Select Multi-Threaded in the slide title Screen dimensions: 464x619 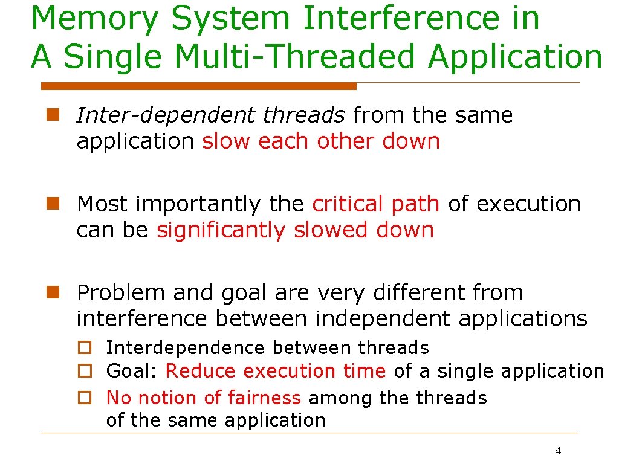pos(290,57)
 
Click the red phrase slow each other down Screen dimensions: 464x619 pos(320,141)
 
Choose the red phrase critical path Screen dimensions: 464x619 pos(375,204)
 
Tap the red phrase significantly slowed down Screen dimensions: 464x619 pos(295,230)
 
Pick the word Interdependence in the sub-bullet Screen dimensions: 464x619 pos(185,348)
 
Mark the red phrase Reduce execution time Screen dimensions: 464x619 pos(275,371)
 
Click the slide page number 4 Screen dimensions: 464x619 pos(557,451)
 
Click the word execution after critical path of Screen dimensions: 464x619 pos(528,204)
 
